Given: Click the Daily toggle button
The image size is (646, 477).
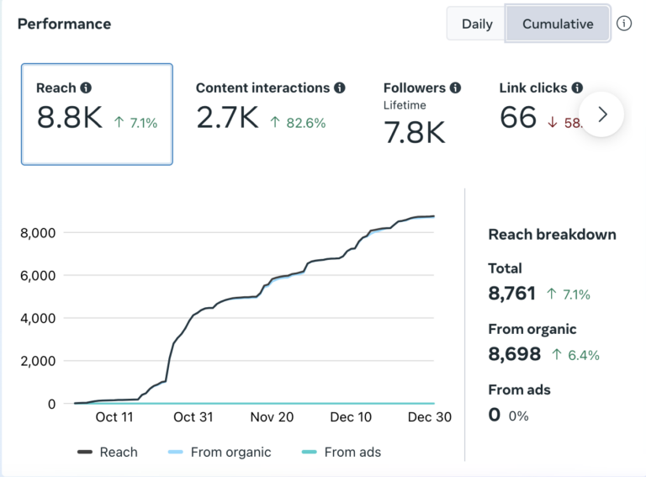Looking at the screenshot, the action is click(477, 24).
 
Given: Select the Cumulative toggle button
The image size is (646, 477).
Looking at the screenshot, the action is click(558, 24).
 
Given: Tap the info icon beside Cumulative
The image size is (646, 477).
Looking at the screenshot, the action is click(624, 24).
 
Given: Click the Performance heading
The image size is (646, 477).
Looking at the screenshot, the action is click(64, 24).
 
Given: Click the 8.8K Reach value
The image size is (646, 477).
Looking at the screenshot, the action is click(70, 118).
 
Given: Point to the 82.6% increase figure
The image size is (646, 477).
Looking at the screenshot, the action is click(305, 123).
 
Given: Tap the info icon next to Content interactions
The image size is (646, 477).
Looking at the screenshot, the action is click(340, 87).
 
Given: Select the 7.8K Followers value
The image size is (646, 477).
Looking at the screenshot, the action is click(414, 132).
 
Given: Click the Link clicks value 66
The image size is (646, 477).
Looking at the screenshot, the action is click(518, 118).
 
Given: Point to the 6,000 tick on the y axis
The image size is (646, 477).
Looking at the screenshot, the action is click(38, 276).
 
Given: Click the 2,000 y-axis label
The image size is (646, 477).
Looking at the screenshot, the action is click(38, 361).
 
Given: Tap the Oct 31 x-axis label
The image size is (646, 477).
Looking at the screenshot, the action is click(193, 417).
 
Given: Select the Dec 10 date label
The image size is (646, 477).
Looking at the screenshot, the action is click(351, 417).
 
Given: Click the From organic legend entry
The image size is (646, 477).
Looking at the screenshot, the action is click(220, 453).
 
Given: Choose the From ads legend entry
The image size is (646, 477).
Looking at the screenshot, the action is click(342, 453).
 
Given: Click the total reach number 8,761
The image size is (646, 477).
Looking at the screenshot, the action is click(512, 294).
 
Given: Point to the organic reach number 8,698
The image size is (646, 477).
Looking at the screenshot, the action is click(515, 354).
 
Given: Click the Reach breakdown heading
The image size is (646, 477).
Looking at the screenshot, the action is click(552, 235).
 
